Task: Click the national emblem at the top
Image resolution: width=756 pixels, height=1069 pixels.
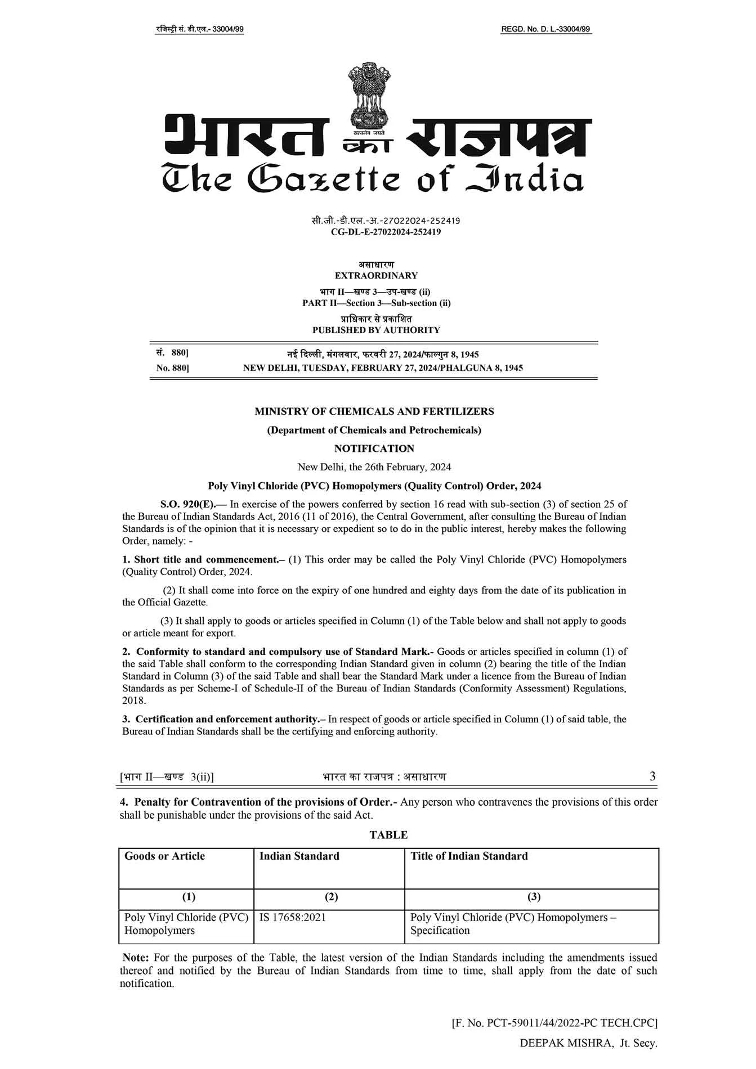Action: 369,98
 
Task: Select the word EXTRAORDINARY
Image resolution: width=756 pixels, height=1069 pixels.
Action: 376,276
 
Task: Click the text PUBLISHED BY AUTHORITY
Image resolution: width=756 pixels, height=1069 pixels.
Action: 376,330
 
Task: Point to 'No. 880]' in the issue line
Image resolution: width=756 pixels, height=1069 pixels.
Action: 172,368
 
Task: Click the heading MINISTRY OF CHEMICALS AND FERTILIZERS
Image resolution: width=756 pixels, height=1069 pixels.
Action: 374,411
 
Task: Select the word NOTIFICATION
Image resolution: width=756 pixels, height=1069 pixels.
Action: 374,448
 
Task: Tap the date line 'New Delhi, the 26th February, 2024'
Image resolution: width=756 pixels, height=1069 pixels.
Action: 374,467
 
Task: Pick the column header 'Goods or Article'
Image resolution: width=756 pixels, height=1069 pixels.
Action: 164,856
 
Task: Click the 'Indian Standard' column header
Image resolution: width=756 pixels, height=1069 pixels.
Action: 299,856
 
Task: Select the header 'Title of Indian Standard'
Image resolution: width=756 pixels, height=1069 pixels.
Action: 469,856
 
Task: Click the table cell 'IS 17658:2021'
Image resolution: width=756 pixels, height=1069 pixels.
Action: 292,918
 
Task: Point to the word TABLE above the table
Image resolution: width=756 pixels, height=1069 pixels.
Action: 388,835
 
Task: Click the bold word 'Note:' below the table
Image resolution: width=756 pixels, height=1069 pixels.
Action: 136,958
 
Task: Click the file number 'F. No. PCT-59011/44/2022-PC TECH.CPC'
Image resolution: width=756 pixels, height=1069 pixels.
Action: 554,1023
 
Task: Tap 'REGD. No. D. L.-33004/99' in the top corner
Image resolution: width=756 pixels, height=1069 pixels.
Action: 545,29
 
